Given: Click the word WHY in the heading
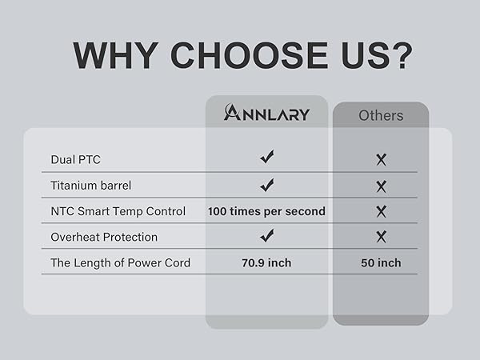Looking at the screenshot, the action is [116, 56].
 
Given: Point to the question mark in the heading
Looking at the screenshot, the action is [400, 55].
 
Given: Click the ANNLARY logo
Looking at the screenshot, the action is [266, 112].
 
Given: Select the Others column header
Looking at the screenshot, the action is [381, 116].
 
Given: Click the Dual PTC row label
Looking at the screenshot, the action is [76, 159].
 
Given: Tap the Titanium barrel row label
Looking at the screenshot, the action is [91, 186].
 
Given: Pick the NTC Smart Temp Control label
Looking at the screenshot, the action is [118, 211].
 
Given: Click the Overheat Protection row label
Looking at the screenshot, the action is [104, 237].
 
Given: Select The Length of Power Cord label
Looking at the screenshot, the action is [121, 263].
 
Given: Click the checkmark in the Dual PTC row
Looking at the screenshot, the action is [267, 157].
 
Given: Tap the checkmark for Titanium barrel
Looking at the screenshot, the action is [267, 185].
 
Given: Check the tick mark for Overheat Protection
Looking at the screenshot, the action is [267, 235].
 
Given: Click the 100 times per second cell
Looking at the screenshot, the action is [266, 211].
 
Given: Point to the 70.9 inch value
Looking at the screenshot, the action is [266, 263].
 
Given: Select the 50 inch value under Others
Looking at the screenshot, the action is [381, 263].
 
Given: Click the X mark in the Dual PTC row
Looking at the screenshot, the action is [381, 160].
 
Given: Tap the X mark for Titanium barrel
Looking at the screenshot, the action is [381, 186].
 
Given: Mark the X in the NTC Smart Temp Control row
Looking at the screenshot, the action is [381, 211].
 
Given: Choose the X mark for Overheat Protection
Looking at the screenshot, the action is [381, 237].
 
